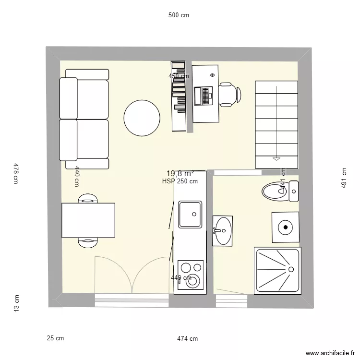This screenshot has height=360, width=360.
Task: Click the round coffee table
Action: tap(142, 118)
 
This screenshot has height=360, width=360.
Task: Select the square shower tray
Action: tap(277, 271)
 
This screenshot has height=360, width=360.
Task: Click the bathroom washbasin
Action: tap(222, 230)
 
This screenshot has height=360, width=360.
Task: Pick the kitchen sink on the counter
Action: tap(190, 215)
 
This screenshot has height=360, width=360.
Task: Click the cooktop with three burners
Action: tap(191, 275)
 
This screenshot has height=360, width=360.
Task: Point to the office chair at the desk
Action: tap(228, 94)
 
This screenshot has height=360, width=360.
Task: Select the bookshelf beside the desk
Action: tap(179, 96)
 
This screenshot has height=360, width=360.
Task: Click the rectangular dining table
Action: tap(88, 220)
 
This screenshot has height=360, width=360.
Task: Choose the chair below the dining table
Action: tap(88, 243)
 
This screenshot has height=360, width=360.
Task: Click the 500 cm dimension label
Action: tap(179, 15)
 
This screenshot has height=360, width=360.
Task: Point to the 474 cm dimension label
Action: tap(187, 338)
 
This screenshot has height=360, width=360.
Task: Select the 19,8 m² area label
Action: tap(180, 174)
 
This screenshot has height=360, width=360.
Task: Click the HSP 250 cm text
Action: tap(180, 181)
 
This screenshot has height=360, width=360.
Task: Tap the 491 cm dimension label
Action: tap(344, 178)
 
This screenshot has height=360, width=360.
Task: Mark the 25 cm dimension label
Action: tap(55, 338)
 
